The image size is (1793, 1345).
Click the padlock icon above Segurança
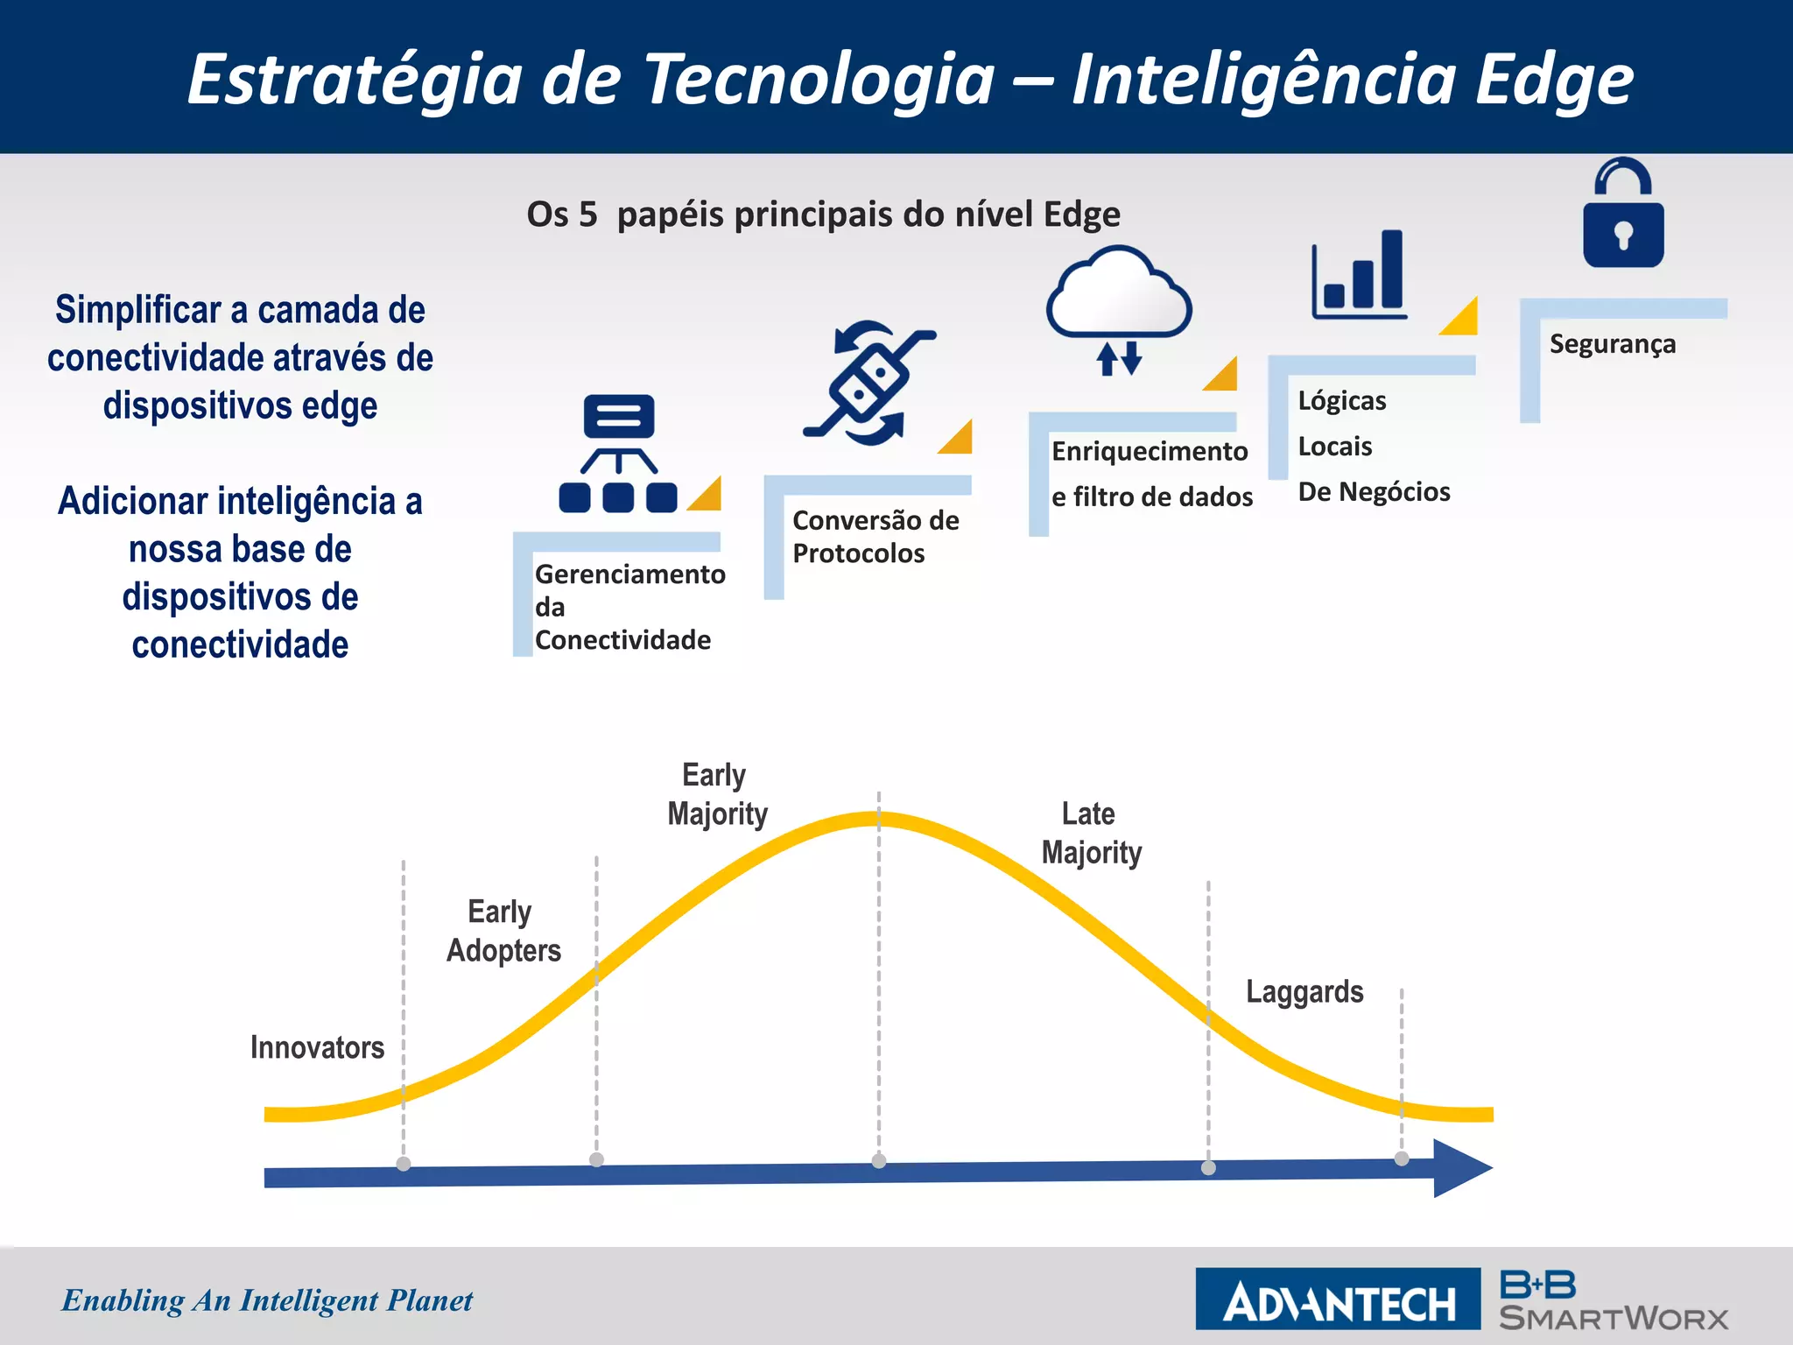click(x=1623, y=214)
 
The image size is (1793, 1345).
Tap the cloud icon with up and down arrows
click(x=1119, y=306)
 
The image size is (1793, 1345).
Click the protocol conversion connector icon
click(x=869, y=383)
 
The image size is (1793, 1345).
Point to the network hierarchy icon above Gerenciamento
click(x=618, y=453)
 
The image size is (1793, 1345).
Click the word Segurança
click(x=1612, y=344)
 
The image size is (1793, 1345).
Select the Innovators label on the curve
click(x=317, y=1047)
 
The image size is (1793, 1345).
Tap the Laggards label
click(x=1304, y=991)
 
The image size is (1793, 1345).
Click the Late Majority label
click(x=1091, y=833)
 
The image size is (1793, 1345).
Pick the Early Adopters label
click(x=503, y=931)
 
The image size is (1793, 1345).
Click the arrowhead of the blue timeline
click(x=1462, y=1168)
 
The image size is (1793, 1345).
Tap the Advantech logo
click(x=1338, y=1299)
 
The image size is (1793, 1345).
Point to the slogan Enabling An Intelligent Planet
click(x=267, y=1300)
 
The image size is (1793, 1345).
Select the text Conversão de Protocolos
click(x=875, y=537)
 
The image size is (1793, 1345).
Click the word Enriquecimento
click(x=1149, y=451)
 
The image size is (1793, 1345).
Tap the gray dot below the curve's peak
click(x=879, y=1161)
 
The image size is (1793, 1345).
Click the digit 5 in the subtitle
click(x=587, y=215)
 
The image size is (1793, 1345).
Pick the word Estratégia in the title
click(x=355, y=79)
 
